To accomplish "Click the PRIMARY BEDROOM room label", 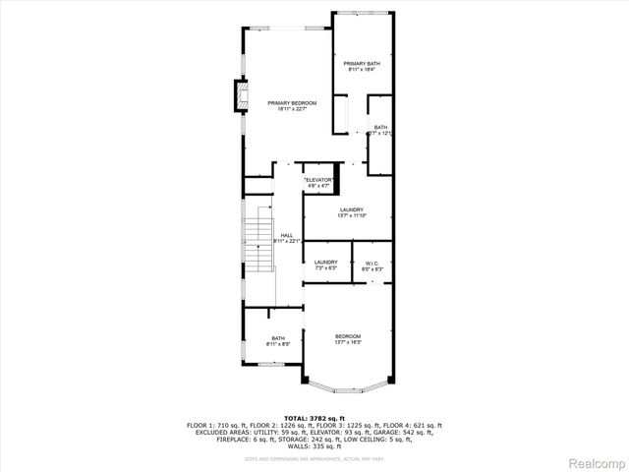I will (292, 102).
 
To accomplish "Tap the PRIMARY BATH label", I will (362, 64).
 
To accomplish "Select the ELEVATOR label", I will (319, 180).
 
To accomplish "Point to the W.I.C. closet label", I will (372, 262).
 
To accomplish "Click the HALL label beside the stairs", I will (286, 235).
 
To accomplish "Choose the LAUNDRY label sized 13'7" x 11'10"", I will (352, 209).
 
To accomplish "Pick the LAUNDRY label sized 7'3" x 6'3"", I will (325, 262).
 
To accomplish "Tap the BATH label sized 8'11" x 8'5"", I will (278, 338).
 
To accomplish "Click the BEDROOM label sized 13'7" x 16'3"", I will (348, 336).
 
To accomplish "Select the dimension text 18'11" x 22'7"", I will (292, 109).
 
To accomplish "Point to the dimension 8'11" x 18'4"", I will (362, 71).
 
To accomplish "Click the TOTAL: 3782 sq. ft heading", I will (314, 418).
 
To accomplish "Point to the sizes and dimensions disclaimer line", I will (314, 458).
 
